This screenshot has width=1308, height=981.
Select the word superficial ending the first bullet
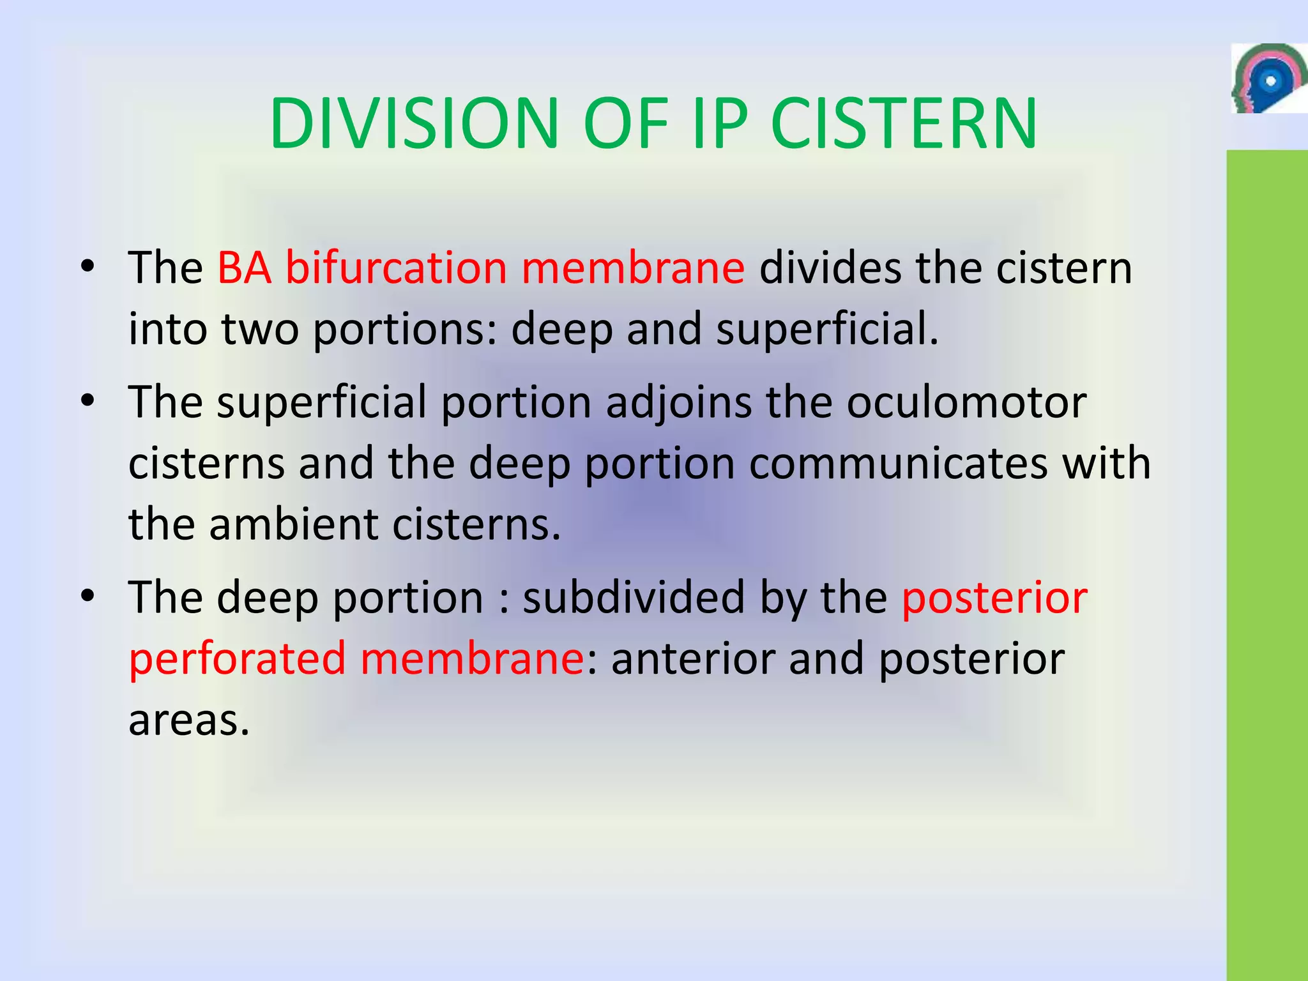point(827,329)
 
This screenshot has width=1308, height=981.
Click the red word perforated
point(237,658)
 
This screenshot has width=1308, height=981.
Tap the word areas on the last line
point(188,720)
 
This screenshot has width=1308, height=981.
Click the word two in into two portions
point(259,329)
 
